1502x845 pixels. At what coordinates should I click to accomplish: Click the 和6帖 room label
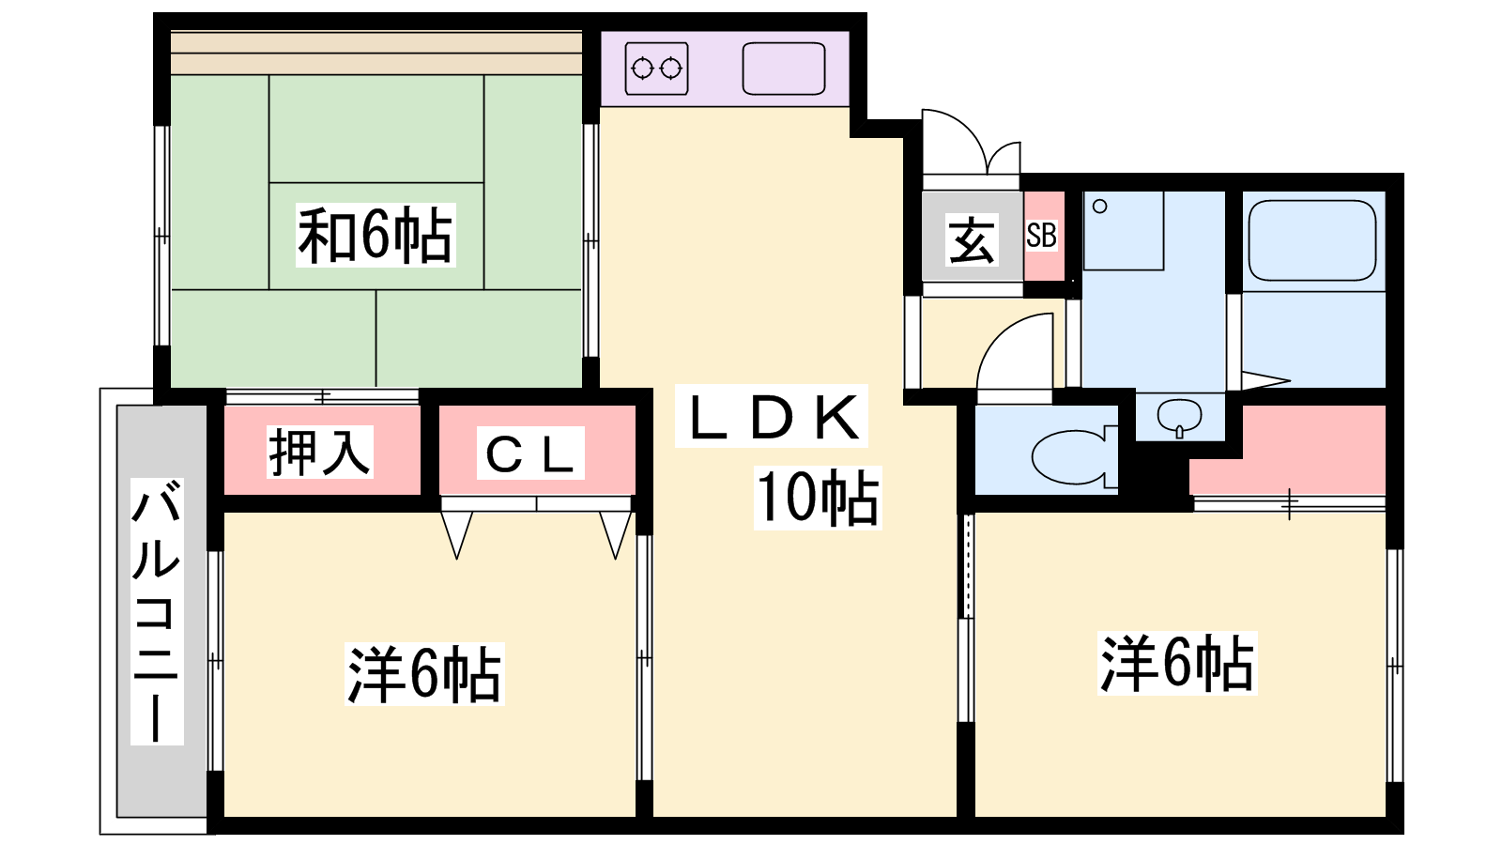tap(375, 236)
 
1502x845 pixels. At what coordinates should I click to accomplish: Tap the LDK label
tap(771, 417)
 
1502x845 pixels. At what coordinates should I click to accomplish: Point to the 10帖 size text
tap(818, 497)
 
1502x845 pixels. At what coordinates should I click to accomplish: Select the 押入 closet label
tap(319, 452)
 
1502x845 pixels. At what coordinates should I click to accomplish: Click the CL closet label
tap(529, 453)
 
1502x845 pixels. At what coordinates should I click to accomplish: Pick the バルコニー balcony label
tap(157, 611)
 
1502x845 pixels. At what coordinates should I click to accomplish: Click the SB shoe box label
tap(1041, 236)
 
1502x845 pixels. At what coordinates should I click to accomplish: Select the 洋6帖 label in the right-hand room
tap(1177, 663)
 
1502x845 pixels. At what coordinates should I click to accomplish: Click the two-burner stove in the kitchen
tap(656, 69)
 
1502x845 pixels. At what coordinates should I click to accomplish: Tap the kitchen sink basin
tap(784, 69)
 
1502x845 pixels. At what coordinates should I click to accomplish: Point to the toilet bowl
tap(1074, 456)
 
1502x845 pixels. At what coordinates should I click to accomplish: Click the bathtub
tap(1312, 240)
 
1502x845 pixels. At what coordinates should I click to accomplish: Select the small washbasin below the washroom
tap(1179, 417)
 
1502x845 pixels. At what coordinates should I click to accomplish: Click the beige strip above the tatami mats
tap(376, 53)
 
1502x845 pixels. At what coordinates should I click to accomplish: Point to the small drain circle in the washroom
tap(1099, 207)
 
